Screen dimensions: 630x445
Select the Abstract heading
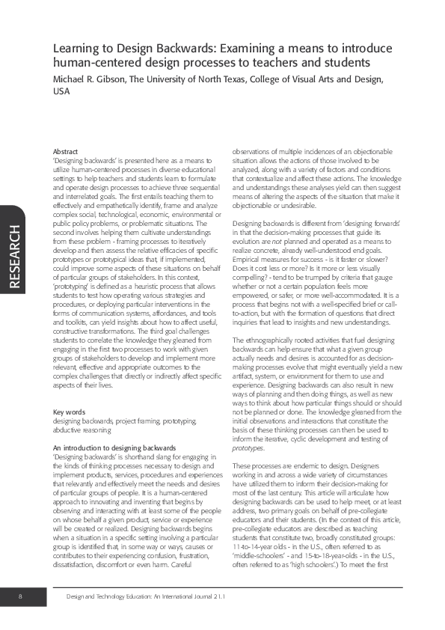(66, 152)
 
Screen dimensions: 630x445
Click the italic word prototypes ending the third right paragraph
(248, 426)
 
